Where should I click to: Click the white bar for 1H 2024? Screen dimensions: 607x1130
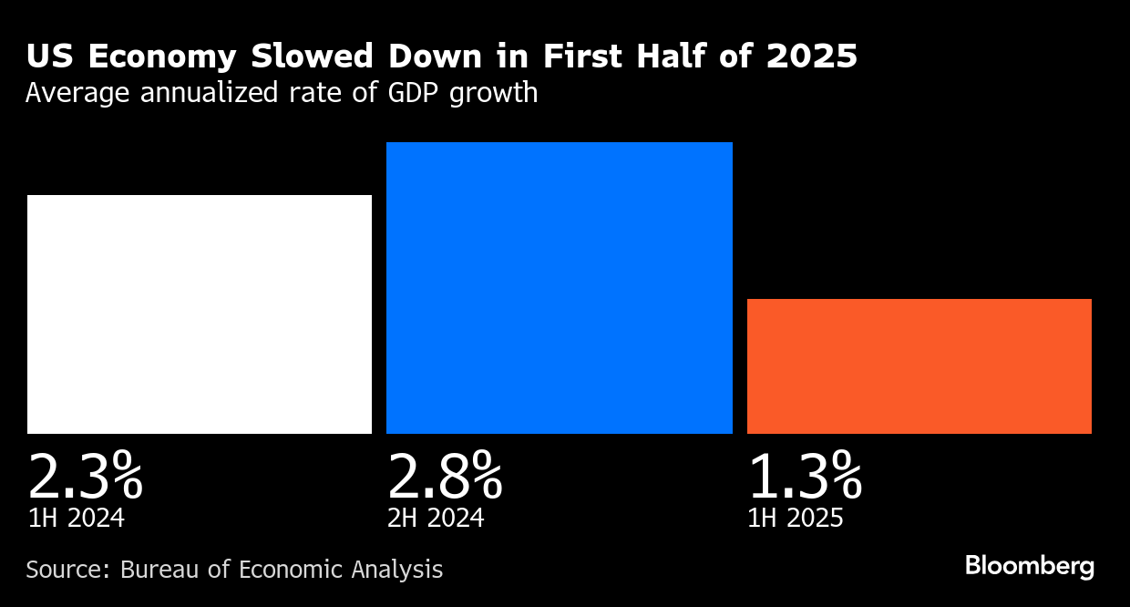[200, 314]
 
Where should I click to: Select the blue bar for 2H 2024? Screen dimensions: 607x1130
[559, 288]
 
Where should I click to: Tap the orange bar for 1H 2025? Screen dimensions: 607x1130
[919, 366]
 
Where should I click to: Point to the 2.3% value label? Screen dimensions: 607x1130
[85, 476]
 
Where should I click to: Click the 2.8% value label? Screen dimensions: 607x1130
[445, 476]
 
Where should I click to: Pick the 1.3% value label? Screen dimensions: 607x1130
[805, 476]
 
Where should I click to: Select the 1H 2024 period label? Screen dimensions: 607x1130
[76, 519]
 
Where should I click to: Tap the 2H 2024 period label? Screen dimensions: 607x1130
[436, 519]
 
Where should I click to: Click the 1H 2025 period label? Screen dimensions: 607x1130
[796, 519]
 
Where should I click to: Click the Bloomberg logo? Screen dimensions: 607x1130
[1030, 567]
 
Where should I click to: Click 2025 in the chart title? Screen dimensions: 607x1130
[811, 57]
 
